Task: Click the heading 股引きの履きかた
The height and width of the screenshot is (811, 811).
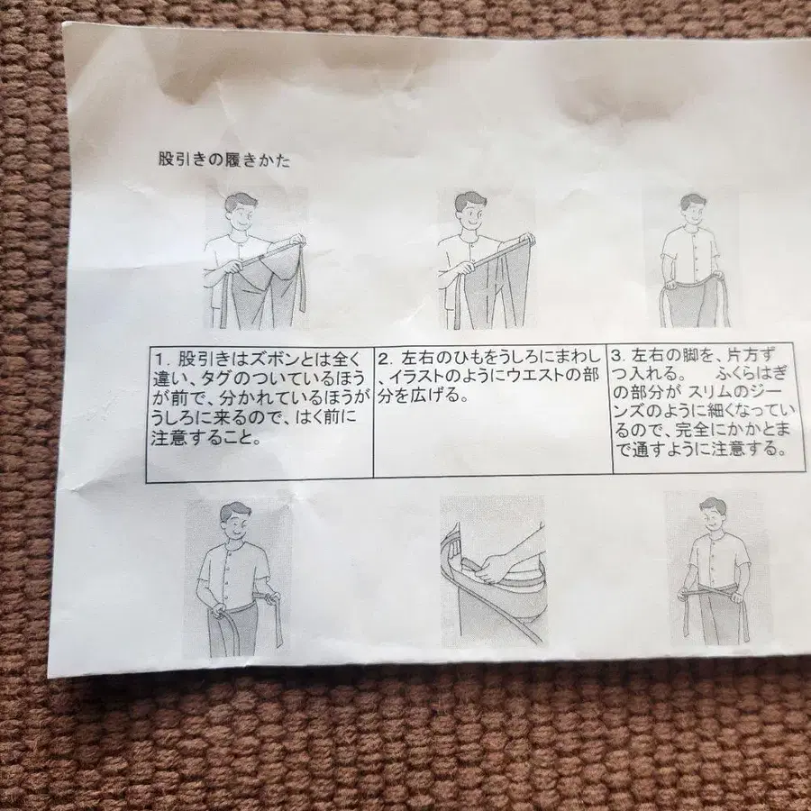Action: click(x=224, y=159)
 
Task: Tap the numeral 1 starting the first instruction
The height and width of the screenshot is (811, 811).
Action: click(x=160, y=359)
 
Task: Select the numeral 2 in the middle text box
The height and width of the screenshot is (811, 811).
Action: click(x=384, y=358)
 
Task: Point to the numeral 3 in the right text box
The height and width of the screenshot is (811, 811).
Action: click(x=616, y=356)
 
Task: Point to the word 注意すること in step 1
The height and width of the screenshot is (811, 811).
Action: click(x=205, y=438)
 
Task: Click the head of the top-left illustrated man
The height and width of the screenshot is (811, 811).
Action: click(x=240, y=212)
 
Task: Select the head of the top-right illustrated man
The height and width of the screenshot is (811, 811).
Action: click(x=693, y=209)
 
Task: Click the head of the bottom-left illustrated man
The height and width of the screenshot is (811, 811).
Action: click(x=235, y=520)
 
